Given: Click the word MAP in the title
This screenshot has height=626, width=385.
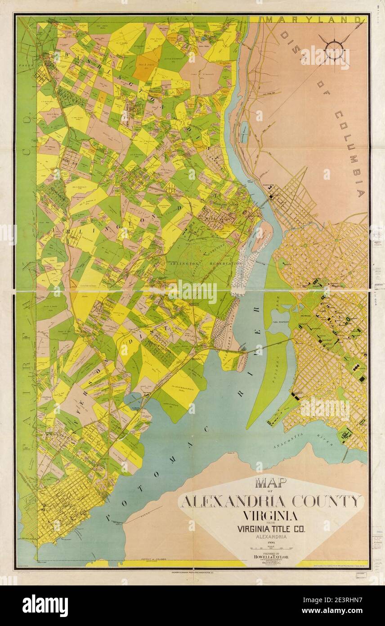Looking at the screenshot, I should [x=271, y=483].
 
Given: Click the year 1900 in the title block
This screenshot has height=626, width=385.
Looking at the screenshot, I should [x=271, y=544].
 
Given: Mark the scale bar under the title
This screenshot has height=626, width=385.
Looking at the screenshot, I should [x=271, y=549].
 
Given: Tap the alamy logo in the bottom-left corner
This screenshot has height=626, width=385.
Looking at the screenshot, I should [x=45, y=606].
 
